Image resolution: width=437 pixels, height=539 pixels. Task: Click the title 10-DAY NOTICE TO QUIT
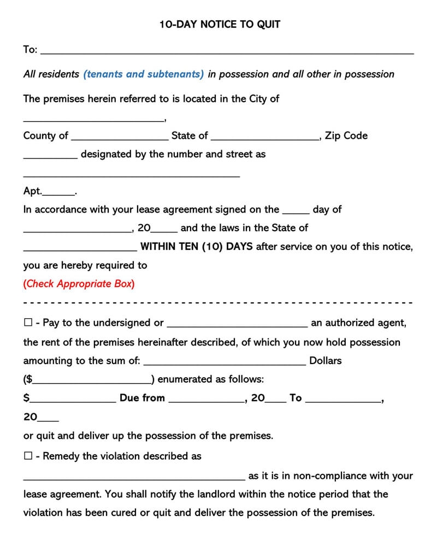pyautogui.click(x=220, y=25)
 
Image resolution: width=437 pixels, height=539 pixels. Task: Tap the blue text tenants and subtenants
pyautogui.click(x=144, y=74)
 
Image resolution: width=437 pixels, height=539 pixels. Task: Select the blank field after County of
pyautogui.click(x=120, y=138)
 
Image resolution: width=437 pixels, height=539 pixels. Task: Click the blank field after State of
pyautogui.click(x=264, y=138)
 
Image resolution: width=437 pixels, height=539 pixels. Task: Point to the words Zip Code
pyautogui.click(x=346, y=136)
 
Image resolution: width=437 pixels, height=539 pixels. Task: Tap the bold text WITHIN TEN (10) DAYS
pyautogui.click(x=197, y=247)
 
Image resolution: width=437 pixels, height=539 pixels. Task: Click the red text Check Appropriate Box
pyautogui.click(x=79, y=284)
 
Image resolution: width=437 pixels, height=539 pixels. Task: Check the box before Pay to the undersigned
pyautogui.click(x=28, y=323)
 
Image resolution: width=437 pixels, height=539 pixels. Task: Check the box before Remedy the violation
pyautogui.click(x=28, y=456)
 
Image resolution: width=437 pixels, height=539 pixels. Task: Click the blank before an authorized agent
pyautogui.click(x=237, y=325)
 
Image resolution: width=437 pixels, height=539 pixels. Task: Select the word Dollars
pyautogui.click(x=325, y=361)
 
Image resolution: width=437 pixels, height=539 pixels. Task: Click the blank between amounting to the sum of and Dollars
pyautogui.click(x=225, y=362)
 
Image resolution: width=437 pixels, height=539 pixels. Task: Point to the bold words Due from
pyautogui.click(x=142, y=398)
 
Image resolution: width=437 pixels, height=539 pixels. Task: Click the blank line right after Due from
pyautogui.click(x=206, y=400)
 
